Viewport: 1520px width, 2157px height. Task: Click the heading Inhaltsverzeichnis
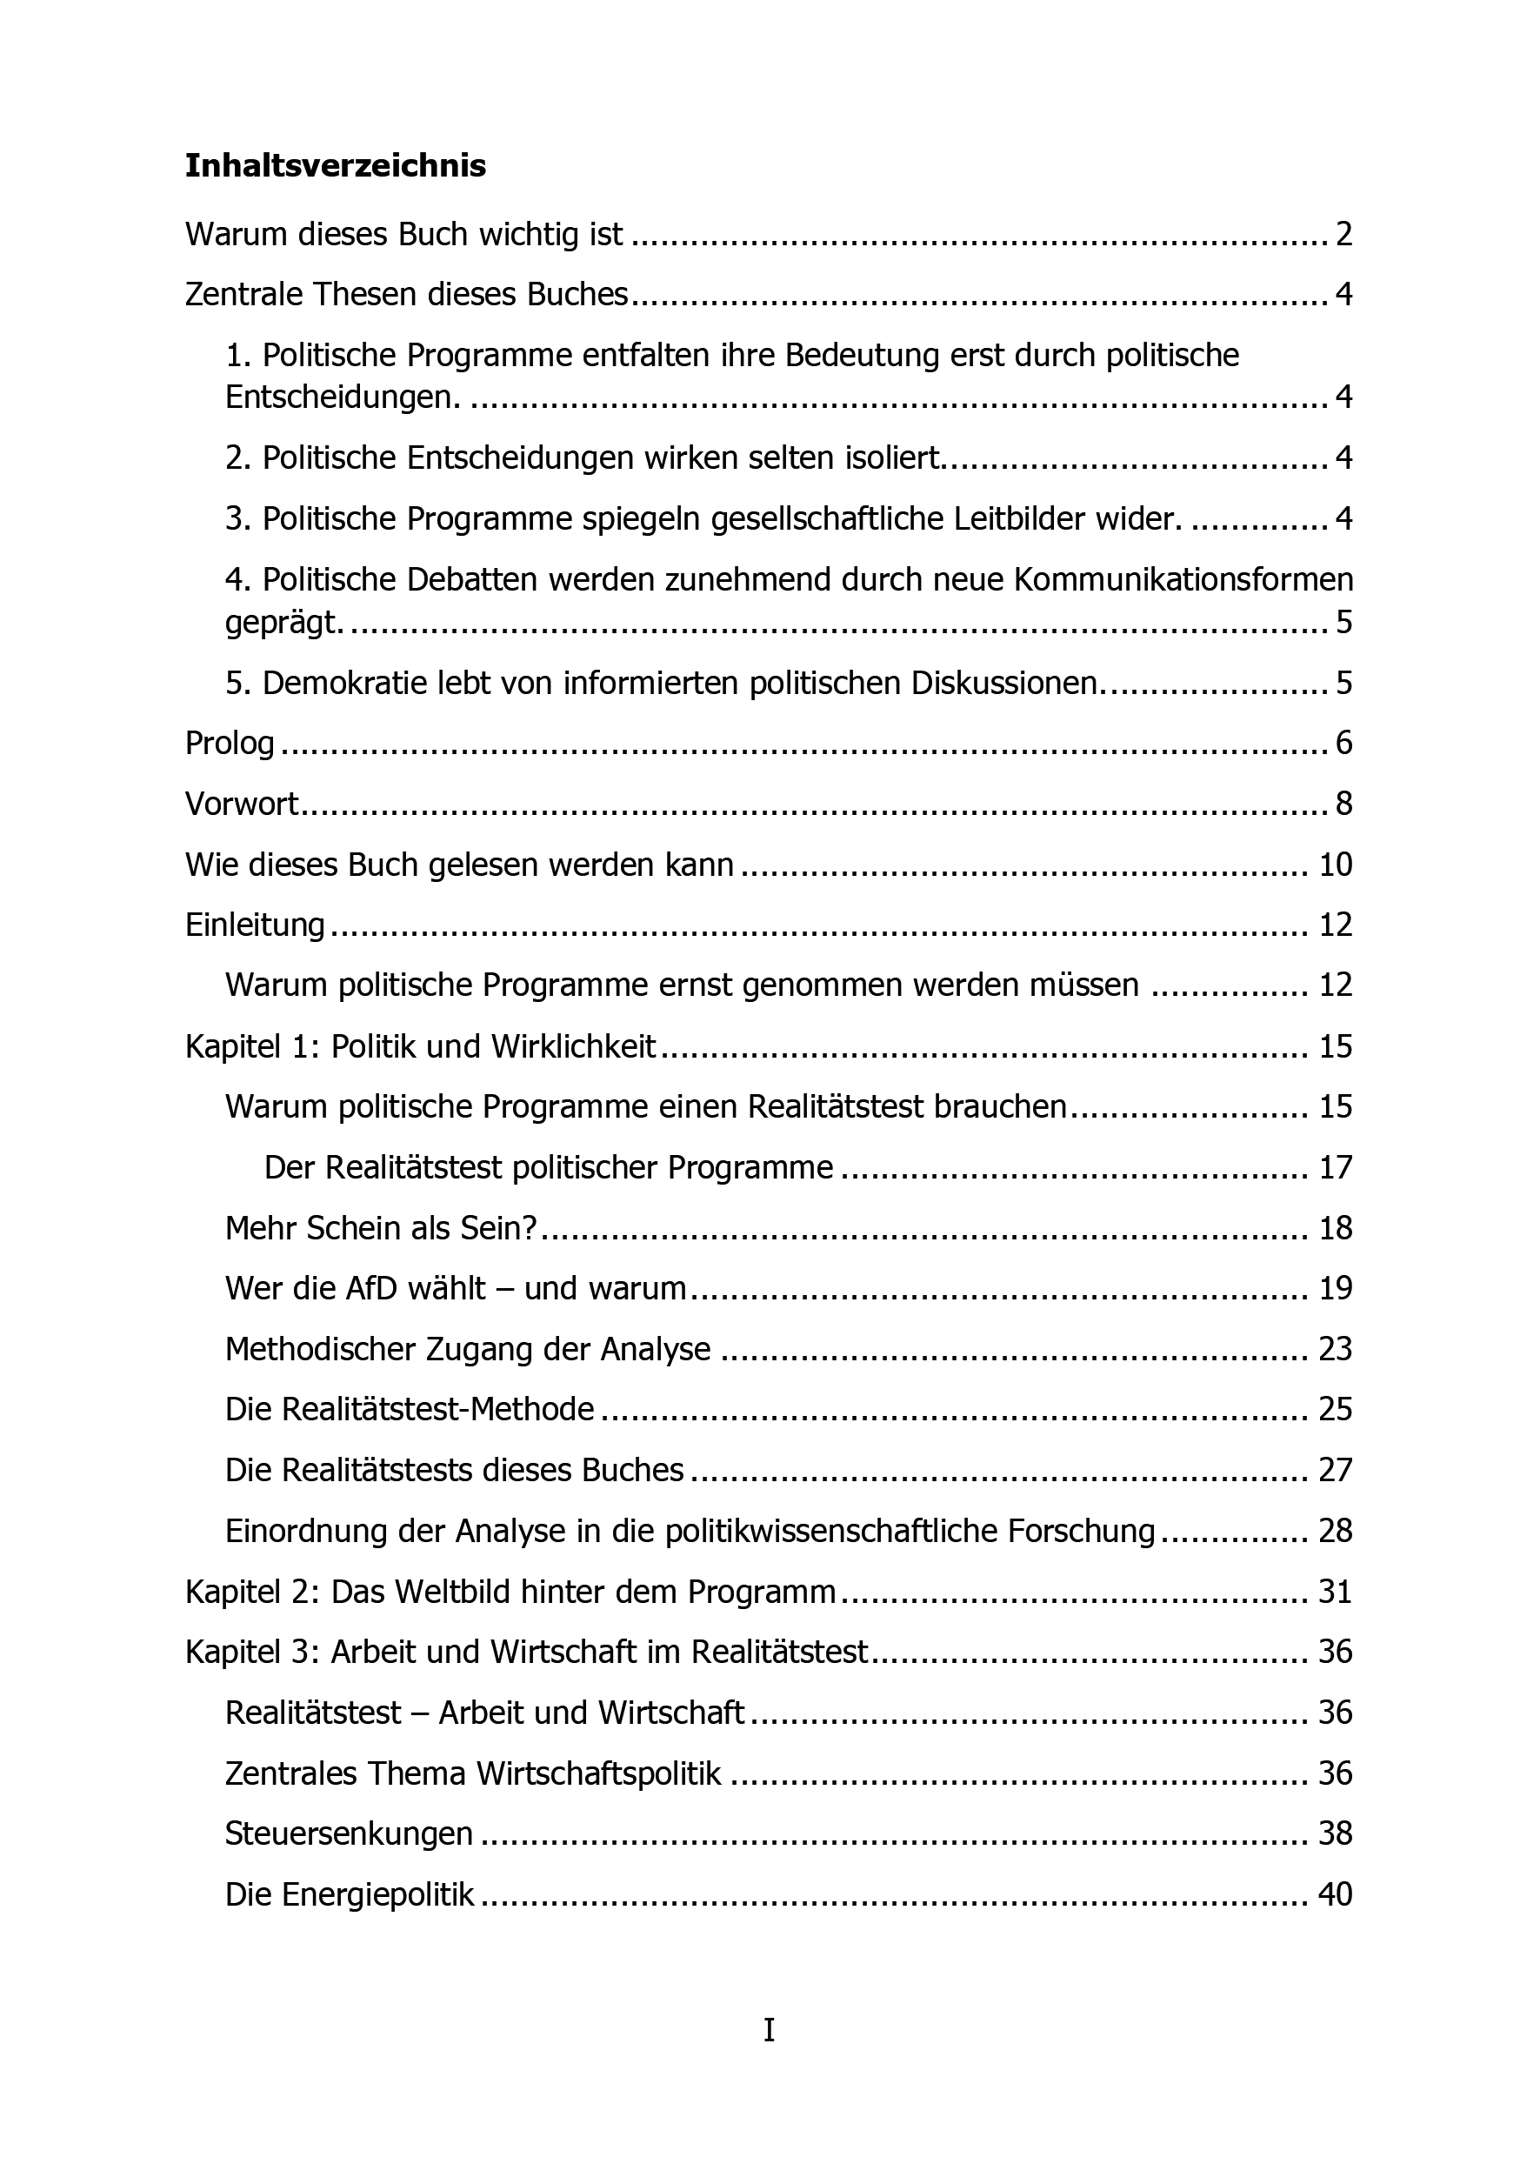pyautogui.click(x=336, y=165)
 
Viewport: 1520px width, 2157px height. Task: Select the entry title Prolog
pyautogui.click(x=230, y=743)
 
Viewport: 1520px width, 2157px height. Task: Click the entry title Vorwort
pyautogui.click(x=242, y=805)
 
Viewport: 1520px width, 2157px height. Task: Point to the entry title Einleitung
pyautogui.click(x=255, y=925)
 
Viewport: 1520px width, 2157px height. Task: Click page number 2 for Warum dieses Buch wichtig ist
pyautogui.click(x=1343, y=234)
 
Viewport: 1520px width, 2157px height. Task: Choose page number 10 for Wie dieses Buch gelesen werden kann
pyautogui.click(x=1335, y=865)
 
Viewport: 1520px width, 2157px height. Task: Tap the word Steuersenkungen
pyautogui.click(x=349, y=1833)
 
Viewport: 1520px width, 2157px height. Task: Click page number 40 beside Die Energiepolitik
pyautogui.click(x=1335, y=1894)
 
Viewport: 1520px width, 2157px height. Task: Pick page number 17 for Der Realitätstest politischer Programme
pyautogui.click(x=1335, y=1167)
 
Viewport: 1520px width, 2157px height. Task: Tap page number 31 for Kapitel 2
pyautogui.click(x=1335, y=1592)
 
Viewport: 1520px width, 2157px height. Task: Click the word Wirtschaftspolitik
pyautogui.click(x=599, y=1773)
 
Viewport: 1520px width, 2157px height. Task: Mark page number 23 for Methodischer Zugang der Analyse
pyautogui.click(x=1335, y=1349)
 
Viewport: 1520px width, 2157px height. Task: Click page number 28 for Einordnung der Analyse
pyautogui.click(x=1335, y=1532)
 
